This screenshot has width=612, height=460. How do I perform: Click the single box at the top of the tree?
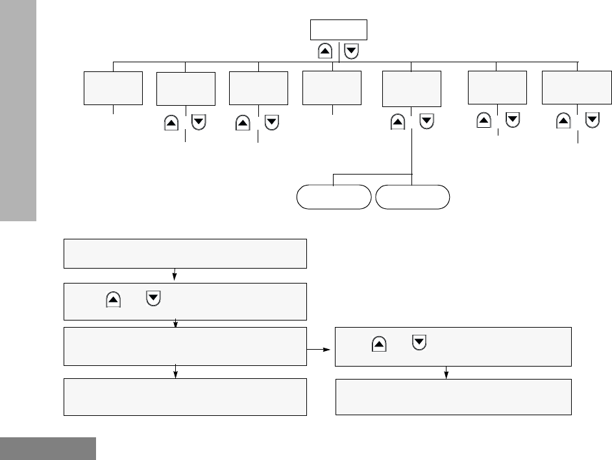click(339, 30)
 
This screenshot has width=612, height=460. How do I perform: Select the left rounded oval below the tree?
click(334, 197)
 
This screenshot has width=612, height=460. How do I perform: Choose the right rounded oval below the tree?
click(412, 197)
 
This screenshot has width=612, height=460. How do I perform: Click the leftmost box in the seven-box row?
click(114, 88)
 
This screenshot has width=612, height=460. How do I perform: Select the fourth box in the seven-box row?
click(332, 88)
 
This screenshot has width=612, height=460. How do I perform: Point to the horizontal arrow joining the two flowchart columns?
click(320, 349)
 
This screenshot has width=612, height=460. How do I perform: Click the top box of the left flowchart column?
click(184, 253)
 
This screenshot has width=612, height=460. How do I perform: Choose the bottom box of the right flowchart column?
click(453, 396)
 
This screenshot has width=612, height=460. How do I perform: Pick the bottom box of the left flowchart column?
click(184, 396)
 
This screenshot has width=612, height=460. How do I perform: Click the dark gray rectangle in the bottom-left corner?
click(48, 448)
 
